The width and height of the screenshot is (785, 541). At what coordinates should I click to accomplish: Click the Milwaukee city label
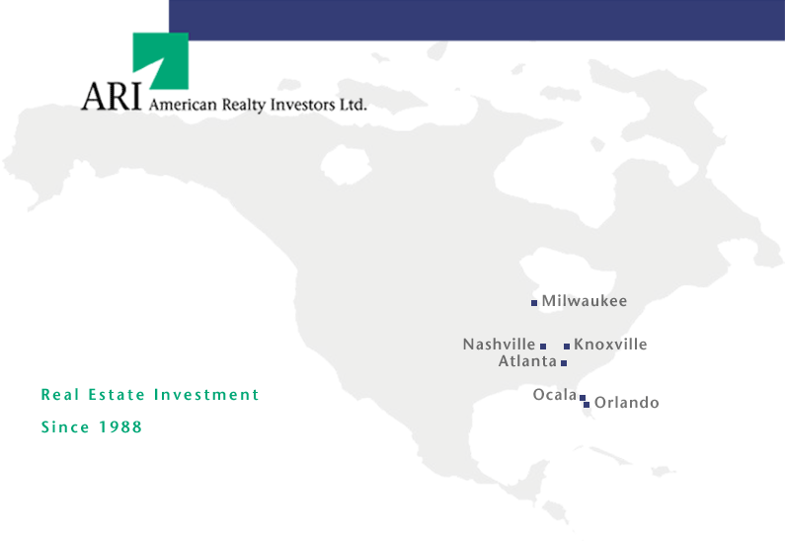pos(585,301)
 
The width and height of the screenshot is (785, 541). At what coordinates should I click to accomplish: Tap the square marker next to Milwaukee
pos(534,303)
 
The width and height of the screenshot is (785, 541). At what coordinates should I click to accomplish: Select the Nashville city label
pos(499,345)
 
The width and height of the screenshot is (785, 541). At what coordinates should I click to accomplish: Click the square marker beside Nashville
pos(543,347)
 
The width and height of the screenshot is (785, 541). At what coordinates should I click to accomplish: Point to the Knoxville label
pos(610,345)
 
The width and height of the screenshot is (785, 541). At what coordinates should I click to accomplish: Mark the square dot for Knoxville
pos(567,347)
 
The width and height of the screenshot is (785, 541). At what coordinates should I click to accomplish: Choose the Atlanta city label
pos(527,361)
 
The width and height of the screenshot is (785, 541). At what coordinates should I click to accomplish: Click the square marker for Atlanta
pos(564,363)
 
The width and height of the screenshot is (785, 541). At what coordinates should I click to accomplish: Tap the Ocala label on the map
pos(555,394)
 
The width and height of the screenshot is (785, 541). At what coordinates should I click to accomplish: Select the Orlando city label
pos(627,403)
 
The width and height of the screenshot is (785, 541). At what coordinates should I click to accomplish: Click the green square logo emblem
pos(160,61)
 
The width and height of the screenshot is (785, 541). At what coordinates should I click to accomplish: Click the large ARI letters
pos(112,96)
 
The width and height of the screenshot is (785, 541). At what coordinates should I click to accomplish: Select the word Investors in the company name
pos(302,104)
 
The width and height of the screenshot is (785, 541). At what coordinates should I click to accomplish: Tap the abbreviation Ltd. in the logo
pos(353,104)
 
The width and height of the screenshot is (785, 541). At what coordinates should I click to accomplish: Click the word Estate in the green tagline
pos(117,395)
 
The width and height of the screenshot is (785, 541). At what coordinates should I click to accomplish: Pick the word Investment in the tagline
pos(206,395)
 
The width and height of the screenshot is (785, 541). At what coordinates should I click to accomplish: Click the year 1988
pos(120,427)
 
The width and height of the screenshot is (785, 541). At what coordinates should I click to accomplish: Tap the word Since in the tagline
pos(65,427)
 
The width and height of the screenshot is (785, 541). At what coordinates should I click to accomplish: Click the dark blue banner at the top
pos(477,20)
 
